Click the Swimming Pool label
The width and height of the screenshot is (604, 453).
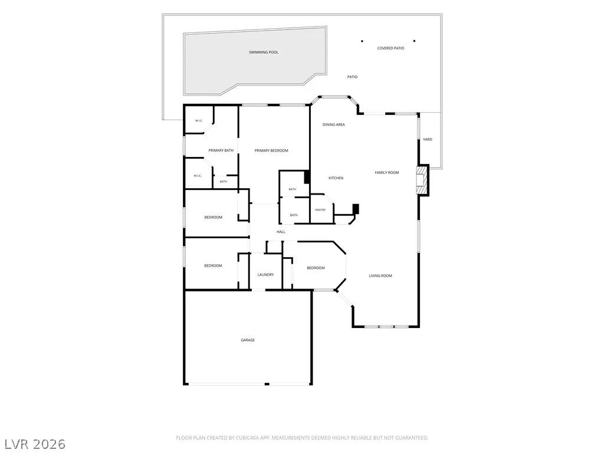[264, 52]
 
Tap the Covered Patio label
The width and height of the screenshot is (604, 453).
[390, 48]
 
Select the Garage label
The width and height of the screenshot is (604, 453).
[248, 340]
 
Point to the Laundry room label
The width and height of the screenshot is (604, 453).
[266, 275]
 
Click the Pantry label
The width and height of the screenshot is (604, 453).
[320, 210]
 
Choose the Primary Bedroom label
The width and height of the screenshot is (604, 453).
[271, 150]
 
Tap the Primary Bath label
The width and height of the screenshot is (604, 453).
[221, 150]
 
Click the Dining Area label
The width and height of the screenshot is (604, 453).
[334, 125]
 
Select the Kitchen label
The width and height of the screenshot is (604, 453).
[336, 178]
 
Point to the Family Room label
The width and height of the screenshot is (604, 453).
[387, 173]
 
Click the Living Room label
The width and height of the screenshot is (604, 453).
[380, 276]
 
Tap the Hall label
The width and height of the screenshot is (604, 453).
[281, 232]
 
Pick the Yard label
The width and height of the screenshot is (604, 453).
[428, 139]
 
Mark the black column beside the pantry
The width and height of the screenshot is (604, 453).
[356, 209]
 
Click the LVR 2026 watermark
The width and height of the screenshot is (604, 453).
[34, 444]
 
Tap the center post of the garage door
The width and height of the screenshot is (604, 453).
[267, 384]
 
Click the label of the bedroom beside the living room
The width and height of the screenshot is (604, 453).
[316, 268]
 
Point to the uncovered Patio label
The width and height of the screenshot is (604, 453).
[353, 77]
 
